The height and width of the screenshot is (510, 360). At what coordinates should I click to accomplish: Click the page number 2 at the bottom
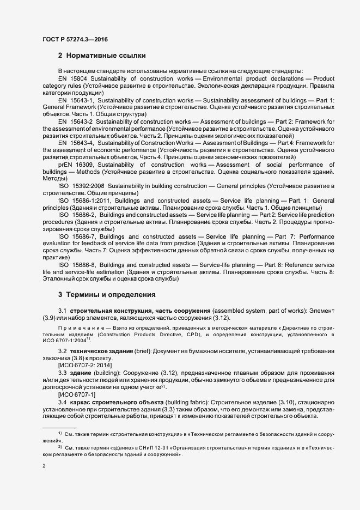(44, 466)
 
